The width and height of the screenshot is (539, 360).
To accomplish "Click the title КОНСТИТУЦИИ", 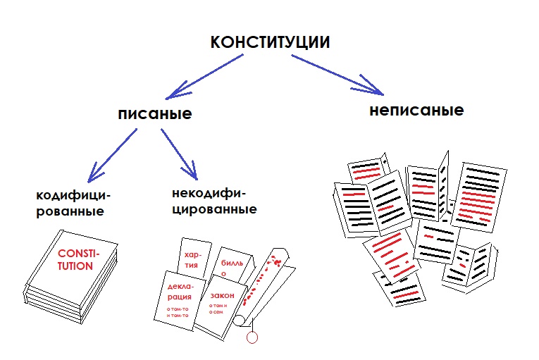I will pos(270,42).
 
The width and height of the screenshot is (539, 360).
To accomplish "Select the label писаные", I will pos(155,114).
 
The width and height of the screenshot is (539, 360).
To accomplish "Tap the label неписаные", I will pos(416,111).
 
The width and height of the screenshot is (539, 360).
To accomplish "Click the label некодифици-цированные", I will pos(213,200).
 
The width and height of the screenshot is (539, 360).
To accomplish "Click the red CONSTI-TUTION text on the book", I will pos(75,260).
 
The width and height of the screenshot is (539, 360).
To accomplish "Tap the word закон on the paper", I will pos(221,297).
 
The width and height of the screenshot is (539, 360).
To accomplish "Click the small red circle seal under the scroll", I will pos(254,338).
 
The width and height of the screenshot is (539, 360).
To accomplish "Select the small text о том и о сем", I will pos(221,313).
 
